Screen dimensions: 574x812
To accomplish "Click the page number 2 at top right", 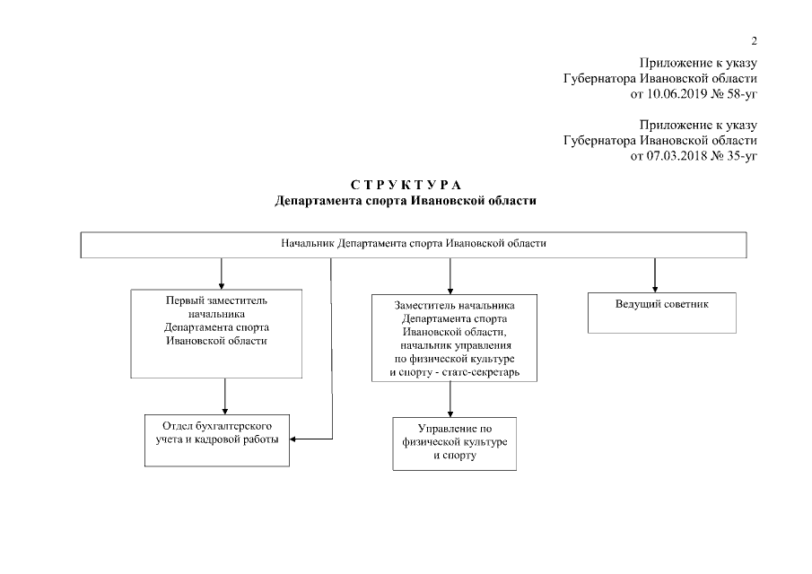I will [x=754, y=41].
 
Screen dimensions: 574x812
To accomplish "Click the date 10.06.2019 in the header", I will [x=676, y=93].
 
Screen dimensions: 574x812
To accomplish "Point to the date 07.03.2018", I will [x=676, y=156].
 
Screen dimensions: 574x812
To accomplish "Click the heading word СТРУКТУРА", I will [x=406, y=186].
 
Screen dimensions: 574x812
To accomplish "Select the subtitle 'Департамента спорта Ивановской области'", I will [x=406, y=201].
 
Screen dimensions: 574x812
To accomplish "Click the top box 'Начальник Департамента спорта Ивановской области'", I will [x=414, y=244].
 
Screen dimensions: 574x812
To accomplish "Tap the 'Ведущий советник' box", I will [x=662, y=312].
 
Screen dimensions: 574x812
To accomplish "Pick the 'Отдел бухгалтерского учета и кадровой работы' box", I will [x=217, y=439].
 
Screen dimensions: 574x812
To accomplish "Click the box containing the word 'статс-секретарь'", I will [x=454, y=338].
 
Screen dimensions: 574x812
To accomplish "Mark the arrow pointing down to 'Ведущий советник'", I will [x=655, y=274].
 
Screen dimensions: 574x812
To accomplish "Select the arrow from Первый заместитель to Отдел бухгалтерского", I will [x=224, y=396].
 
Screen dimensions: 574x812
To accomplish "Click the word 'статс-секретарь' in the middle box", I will [x=485, y=372].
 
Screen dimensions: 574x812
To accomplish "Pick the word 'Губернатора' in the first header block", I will [x=600, y=78].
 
